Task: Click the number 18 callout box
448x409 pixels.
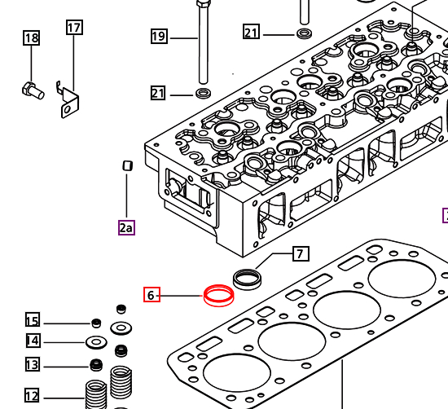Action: pyautogui.click(x=31, y=37)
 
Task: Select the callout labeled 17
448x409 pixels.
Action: pyautogui.click(x=74, y=28)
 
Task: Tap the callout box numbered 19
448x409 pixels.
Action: pyautogui.click(x=159, y=36)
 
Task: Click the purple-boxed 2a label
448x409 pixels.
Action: pyautogui.click(x=126, y=227)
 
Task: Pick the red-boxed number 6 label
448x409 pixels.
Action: pyautogui.click(x=151, y=295)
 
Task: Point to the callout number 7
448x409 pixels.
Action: pyautogui.click(x=300, y=254)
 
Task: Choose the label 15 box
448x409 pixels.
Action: pyautogui.click(x=32, y=320)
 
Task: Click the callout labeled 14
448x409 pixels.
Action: pyautogui.click(x=32, y=341)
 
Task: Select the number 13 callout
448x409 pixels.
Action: pyautogui.click(x=32, y=364)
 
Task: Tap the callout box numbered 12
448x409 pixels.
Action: pyautogui.click(x=32, y=397)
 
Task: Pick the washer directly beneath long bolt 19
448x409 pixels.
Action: pyautogui.click(x=202, y=93)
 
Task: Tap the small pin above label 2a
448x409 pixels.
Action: pyautogui.click(x=126, y=166)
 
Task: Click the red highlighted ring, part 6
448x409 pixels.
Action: pyautogui.click(x=218, y=294)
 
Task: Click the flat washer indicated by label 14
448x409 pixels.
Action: pyautogui.click(x=95, y=341)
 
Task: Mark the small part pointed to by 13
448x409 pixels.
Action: pyautogui.click(x=96, y=363)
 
